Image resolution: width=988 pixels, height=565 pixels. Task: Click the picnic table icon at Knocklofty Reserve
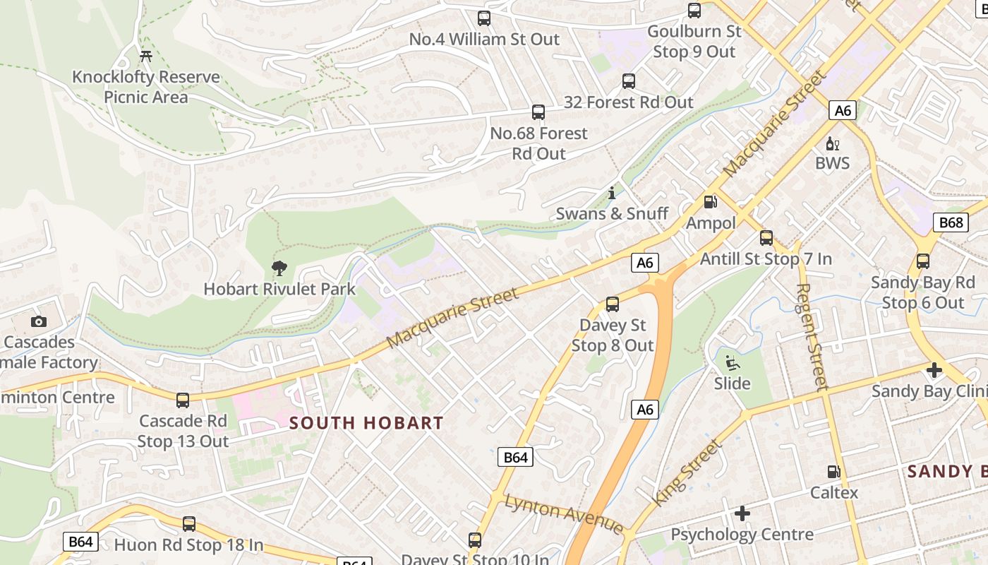click(x=146, y=56)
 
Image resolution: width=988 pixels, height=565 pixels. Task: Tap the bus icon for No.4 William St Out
click(x=483, y=18)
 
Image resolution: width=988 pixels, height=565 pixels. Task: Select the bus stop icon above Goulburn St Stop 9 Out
click(x=694, y=11)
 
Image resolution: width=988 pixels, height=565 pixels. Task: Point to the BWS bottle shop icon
click(x=833, y=143)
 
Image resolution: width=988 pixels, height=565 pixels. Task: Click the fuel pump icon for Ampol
click(x=711, y=202)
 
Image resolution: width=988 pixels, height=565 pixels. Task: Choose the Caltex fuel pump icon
click(x=833, y=472)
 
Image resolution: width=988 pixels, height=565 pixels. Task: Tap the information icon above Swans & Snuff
click(x=612, y=193)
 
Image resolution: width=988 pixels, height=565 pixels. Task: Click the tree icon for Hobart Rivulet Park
click(x=279, y=268)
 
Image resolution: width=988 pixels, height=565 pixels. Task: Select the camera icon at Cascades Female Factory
click(x=39, y=322)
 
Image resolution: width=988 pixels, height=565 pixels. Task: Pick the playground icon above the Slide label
click(x=732, y=363)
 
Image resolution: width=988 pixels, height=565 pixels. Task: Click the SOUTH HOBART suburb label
click(x=366, y=424)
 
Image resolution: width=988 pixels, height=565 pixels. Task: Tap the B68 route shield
click(x=951, y=223)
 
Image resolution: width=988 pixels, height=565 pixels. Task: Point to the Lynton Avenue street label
click(x=563, y=513)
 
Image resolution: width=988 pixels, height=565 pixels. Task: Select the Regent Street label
click(x=812, y=337)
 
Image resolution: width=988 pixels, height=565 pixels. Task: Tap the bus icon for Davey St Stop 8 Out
click(x=612, y=304)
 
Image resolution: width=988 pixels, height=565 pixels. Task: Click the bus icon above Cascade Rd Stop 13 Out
click(x=183, y=400)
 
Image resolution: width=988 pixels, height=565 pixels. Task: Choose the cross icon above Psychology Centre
click(x=742, y=513)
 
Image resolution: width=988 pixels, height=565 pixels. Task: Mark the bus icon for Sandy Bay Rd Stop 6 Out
click(x=922, y=261)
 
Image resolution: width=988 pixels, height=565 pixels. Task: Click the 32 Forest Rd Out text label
click(x=628, y=102)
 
